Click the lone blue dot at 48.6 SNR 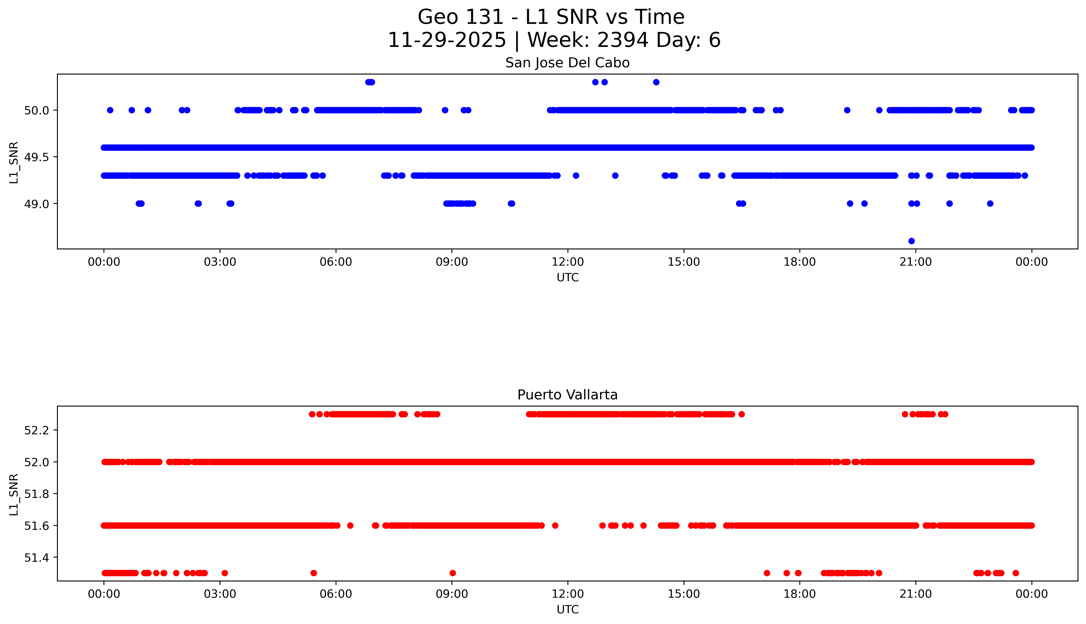912,241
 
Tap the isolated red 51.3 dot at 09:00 453,573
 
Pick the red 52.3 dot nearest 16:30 741,414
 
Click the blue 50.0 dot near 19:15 847,110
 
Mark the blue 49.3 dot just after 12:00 576,175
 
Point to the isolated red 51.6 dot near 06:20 350,525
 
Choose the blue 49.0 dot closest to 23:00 990,203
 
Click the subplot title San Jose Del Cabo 567,63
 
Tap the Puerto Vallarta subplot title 567,395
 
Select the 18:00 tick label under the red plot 800,594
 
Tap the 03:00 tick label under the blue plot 220,262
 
